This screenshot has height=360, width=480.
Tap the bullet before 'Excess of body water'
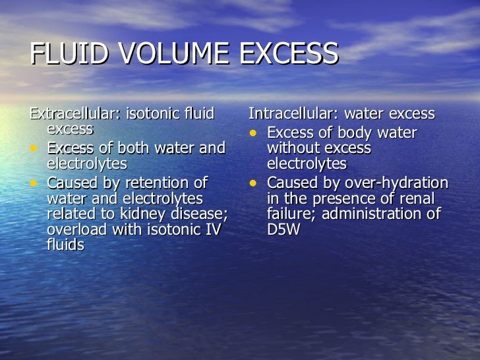click(255, 133)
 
